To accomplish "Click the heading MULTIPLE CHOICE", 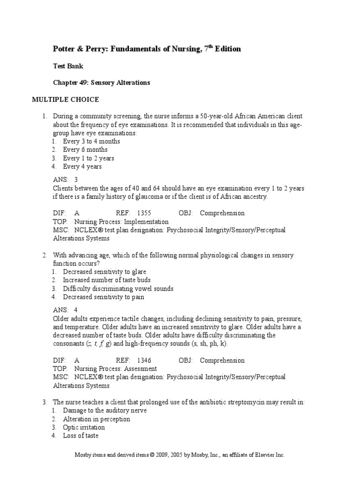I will pos(65,100).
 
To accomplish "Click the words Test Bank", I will pos(68,66).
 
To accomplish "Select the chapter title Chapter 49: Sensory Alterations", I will pos(101,82).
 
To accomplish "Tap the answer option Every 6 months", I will pos(85,150).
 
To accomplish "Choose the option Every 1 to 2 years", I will pos(89,158).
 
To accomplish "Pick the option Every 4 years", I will pos(82,167).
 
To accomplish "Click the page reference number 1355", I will pos(144,213).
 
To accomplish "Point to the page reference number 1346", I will pos(144,360).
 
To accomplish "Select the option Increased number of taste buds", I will pos(107,280).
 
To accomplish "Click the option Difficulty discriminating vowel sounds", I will pos(118,289).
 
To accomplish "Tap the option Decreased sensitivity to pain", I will pos(104,297).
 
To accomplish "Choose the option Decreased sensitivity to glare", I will pos(105,272).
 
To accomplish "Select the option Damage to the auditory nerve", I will pos(105,411).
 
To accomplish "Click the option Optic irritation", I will pos(84,427).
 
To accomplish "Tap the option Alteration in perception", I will pos(97,419).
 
